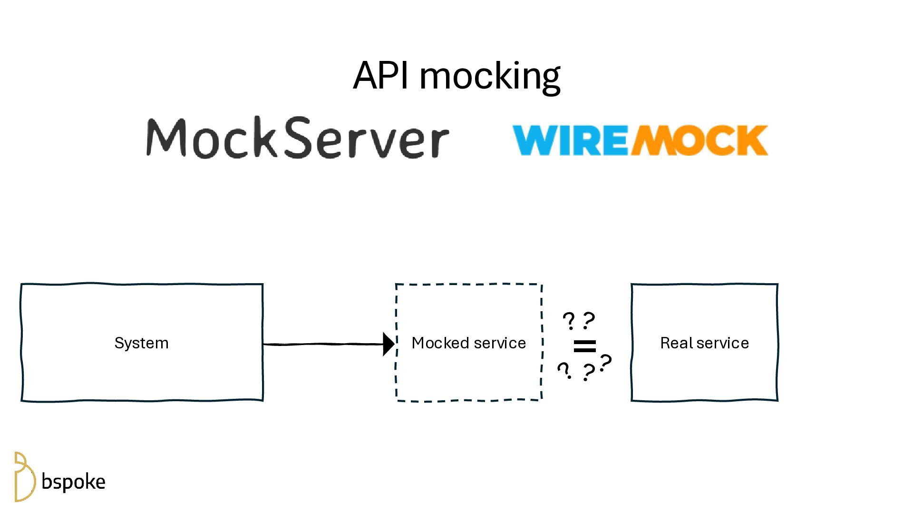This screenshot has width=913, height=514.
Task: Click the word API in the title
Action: coord(380,75)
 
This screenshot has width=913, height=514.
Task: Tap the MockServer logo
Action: coord(297,138)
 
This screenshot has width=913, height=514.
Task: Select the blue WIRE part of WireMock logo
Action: coord(571,140)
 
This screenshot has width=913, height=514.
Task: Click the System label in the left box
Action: coord(141,343)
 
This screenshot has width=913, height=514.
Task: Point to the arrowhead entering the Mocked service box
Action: coord(389,344)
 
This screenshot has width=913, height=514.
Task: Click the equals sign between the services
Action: coord(584,346)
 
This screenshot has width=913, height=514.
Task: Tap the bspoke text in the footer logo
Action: coord(73,482)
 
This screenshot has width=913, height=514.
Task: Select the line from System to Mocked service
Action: coord(323,344)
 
